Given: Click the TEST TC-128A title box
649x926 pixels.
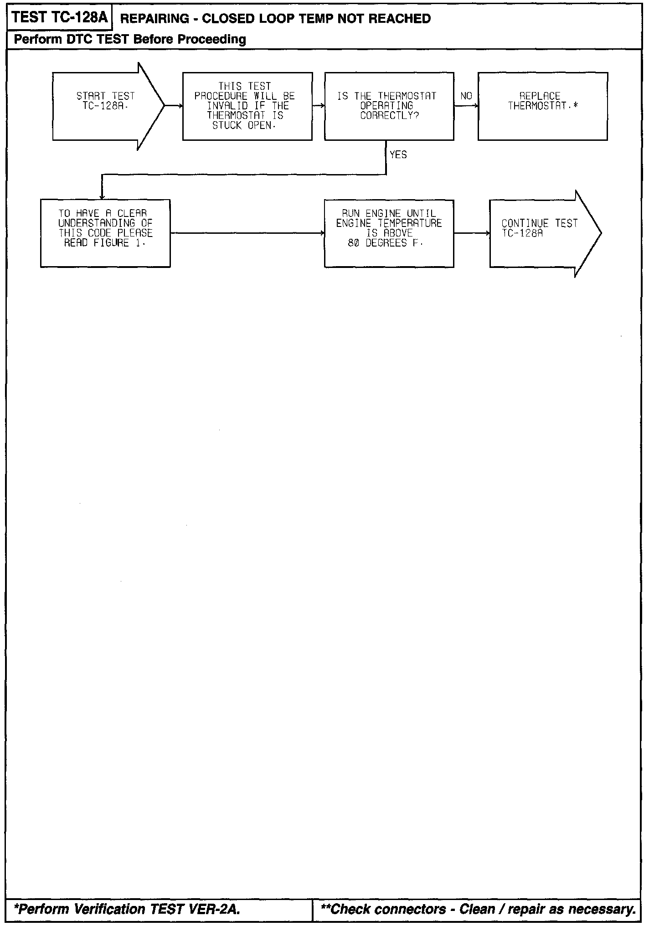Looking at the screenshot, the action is [59, 17].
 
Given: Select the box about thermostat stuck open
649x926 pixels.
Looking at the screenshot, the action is [247, 106].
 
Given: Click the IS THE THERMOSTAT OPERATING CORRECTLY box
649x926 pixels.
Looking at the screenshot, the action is [389, 106].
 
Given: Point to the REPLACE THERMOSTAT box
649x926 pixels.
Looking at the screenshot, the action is [542, 106].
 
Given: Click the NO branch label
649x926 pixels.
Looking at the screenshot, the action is [466, 96].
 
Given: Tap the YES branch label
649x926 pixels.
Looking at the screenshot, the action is [398, 155].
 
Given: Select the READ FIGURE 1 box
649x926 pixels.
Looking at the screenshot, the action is [105, 233].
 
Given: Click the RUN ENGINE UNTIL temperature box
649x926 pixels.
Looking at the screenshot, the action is [389, 233].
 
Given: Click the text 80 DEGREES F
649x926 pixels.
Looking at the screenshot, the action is [385, 243].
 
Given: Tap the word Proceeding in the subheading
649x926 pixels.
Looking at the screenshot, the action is [211, 40].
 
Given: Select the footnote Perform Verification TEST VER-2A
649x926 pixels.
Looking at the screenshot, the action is [126, 909].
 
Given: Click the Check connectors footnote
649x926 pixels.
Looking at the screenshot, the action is [478, 909].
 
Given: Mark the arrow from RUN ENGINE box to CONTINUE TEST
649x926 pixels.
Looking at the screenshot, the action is [472, 233].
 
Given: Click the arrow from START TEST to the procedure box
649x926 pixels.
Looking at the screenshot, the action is [174, 106].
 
